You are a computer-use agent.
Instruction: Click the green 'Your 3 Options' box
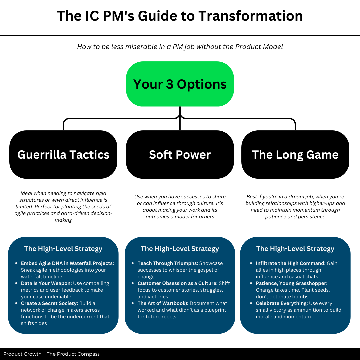tap(180, 84)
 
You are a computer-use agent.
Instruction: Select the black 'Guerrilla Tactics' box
tap(63, 155)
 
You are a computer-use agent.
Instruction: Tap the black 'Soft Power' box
tap(180, 155)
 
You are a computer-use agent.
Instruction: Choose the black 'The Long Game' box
tap(295, 155)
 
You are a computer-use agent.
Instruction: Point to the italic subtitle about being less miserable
tap(180, 47)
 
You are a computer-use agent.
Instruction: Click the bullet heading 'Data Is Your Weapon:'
tap(46, 283)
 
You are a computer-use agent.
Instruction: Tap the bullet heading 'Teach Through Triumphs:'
tap(168, 263)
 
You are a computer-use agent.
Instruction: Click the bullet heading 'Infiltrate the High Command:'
tap(291, 263)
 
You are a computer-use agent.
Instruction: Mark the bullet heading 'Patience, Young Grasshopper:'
tap(292, 283)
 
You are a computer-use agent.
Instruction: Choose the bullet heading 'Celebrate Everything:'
tap(282, 303)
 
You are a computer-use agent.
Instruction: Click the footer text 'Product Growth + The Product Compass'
tap(52, 354)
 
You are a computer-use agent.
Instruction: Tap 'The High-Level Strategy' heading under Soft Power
tap(180, 249)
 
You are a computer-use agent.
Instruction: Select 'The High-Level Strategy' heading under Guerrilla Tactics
tap(63, 249)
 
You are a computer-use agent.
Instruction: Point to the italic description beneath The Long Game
tap(295, 207)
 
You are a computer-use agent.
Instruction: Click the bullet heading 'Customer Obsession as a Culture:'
tap(177, 283)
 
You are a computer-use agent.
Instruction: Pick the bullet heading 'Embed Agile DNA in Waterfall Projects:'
tap(67, 263)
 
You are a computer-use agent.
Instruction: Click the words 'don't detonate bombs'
tap(282, 297)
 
